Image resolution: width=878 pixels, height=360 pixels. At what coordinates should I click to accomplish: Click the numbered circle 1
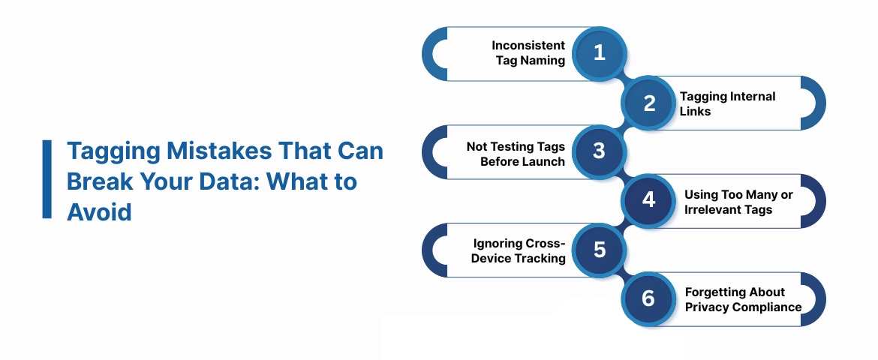[599, 52]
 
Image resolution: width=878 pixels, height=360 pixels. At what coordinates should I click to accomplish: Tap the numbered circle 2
[649, 103]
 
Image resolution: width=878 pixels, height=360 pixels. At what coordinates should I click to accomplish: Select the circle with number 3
[599, 151]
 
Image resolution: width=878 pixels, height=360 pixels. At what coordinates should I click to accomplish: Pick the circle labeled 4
[649, 200]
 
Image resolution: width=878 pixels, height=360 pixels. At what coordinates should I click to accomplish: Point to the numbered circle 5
[599, 249]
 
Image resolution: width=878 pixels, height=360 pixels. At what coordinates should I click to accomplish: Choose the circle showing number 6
[649, 298]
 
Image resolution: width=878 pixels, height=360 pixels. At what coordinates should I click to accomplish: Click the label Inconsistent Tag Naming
[528, 53]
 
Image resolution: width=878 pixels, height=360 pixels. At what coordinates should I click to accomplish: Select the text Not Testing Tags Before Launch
[516, 154]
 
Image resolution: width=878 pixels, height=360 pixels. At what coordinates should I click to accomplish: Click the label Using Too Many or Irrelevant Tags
[738, 202]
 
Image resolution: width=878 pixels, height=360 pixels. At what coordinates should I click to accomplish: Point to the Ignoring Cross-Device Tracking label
[519, 251]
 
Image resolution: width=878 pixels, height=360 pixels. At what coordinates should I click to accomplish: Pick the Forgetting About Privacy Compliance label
[743, 299]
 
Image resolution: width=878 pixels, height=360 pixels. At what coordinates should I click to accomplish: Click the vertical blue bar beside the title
[47, 178]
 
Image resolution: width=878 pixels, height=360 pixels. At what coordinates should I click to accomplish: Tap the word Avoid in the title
[100, 212]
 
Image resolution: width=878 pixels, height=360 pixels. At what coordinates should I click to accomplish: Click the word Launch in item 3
[543, 161]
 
